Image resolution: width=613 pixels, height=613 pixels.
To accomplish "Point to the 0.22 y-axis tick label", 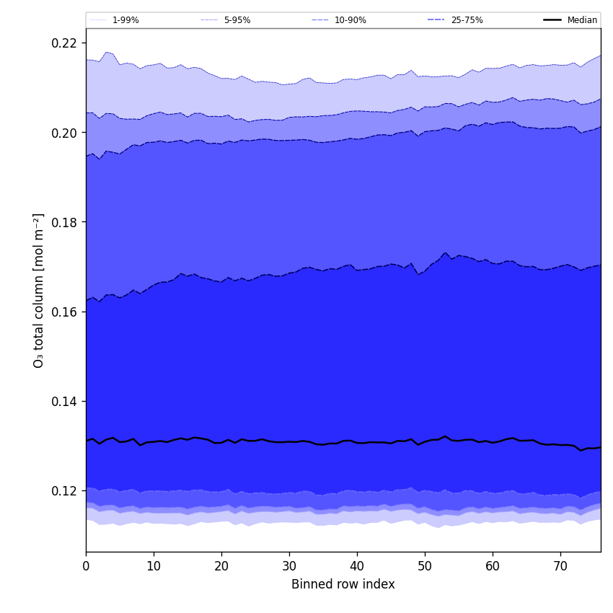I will pos(63,43).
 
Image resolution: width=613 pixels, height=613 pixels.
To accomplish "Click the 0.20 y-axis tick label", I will pos(63,133).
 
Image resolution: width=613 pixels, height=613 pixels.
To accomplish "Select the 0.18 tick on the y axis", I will pos(63,222).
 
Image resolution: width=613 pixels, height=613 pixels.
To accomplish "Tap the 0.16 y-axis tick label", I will pos(63,312).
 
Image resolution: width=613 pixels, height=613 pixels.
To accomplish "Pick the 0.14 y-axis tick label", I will pos(63,401).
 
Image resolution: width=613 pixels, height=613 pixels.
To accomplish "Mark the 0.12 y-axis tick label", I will pos(63,490).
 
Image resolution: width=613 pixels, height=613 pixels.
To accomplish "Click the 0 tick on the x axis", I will pos(86,566).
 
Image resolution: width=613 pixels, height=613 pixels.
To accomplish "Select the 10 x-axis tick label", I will pos(154,566).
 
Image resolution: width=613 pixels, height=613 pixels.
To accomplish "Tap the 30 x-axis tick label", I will pos(289,566).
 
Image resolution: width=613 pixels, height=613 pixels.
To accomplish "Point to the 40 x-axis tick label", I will pos(357,566).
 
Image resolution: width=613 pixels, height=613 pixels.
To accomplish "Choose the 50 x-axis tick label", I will pos(425,566).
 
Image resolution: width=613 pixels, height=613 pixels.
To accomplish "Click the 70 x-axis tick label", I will pos(560,566).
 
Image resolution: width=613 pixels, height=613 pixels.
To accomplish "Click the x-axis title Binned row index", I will pos(343,584).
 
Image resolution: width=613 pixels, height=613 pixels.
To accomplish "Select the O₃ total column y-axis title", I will pos(39,290).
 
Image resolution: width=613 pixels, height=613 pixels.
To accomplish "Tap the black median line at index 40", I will pos(357,442).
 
